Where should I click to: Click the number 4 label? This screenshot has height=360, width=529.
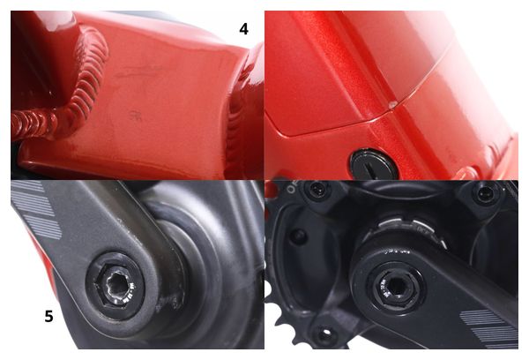(243, 29)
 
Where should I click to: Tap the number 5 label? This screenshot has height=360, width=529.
(48, 317)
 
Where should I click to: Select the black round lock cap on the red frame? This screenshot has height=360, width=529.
(374, 164)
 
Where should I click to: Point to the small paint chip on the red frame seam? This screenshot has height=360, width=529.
(391, 105)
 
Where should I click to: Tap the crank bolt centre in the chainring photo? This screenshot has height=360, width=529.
(397, 288)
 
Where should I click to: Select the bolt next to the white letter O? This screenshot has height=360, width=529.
(317, 190)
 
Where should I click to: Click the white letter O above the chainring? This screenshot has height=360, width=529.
(291, 189)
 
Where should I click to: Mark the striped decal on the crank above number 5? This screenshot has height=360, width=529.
(36, 209)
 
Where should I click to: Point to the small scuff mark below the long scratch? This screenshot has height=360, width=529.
(136, 116)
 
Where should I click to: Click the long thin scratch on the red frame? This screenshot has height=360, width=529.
(138, 71)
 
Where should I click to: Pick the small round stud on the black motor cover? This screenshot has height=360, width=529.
(299, 236)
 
